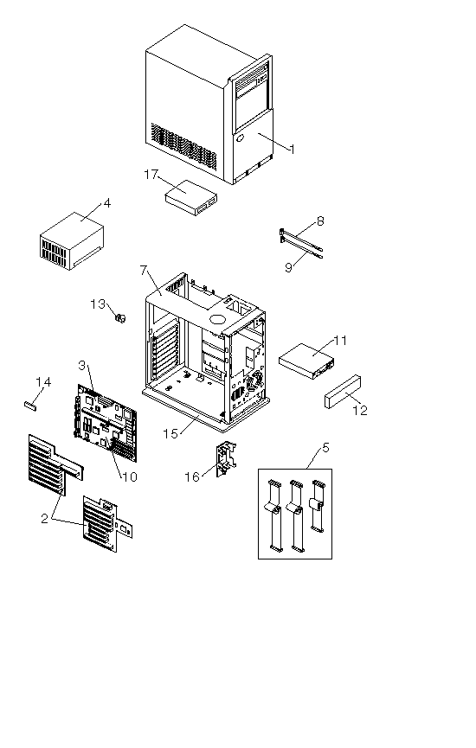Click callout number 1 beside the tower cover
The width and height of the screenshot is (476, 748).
click(293, 150)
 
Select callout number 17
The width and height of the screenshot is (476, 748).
click(151, 175)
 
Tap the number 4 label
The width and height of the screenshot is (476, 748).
click(107, 203)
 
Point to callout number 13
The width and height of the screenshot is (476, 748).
click(98, 304)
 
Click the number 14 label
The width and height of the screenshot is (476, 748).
click(43, 381)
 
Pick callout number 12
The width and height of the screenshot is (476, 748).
click(360, 410)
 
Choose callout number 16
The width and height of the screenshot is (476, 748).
click(192, 477)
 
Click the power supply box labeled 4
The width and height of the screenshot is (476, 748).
click(72, 241)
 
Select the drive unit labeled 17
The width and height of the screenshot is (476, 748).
click(190, 198)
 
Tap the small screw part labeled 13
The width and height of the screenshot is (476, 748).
click(121, 317)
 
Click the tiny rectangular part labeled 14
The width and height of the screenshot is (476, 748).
click(30, 406)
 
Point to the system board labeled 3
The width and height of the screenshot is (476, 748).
click(106, 423)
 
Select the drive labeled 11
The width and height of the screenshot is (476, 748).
click(307, 361)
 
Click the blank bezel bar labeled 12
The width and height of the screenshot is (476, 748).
click(343, 392)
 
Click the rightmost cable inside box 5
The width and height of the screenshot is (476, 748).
click(317, 506)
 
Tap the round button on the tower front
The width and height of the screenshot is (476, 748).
click(240, 139)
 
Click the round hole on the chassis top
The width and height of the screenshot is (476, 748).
click(218, 319)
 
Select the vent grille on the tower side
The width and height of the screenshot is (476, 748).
click(183, 147)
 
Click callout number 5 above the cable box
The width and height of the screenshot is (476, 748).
click(325, 447)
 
